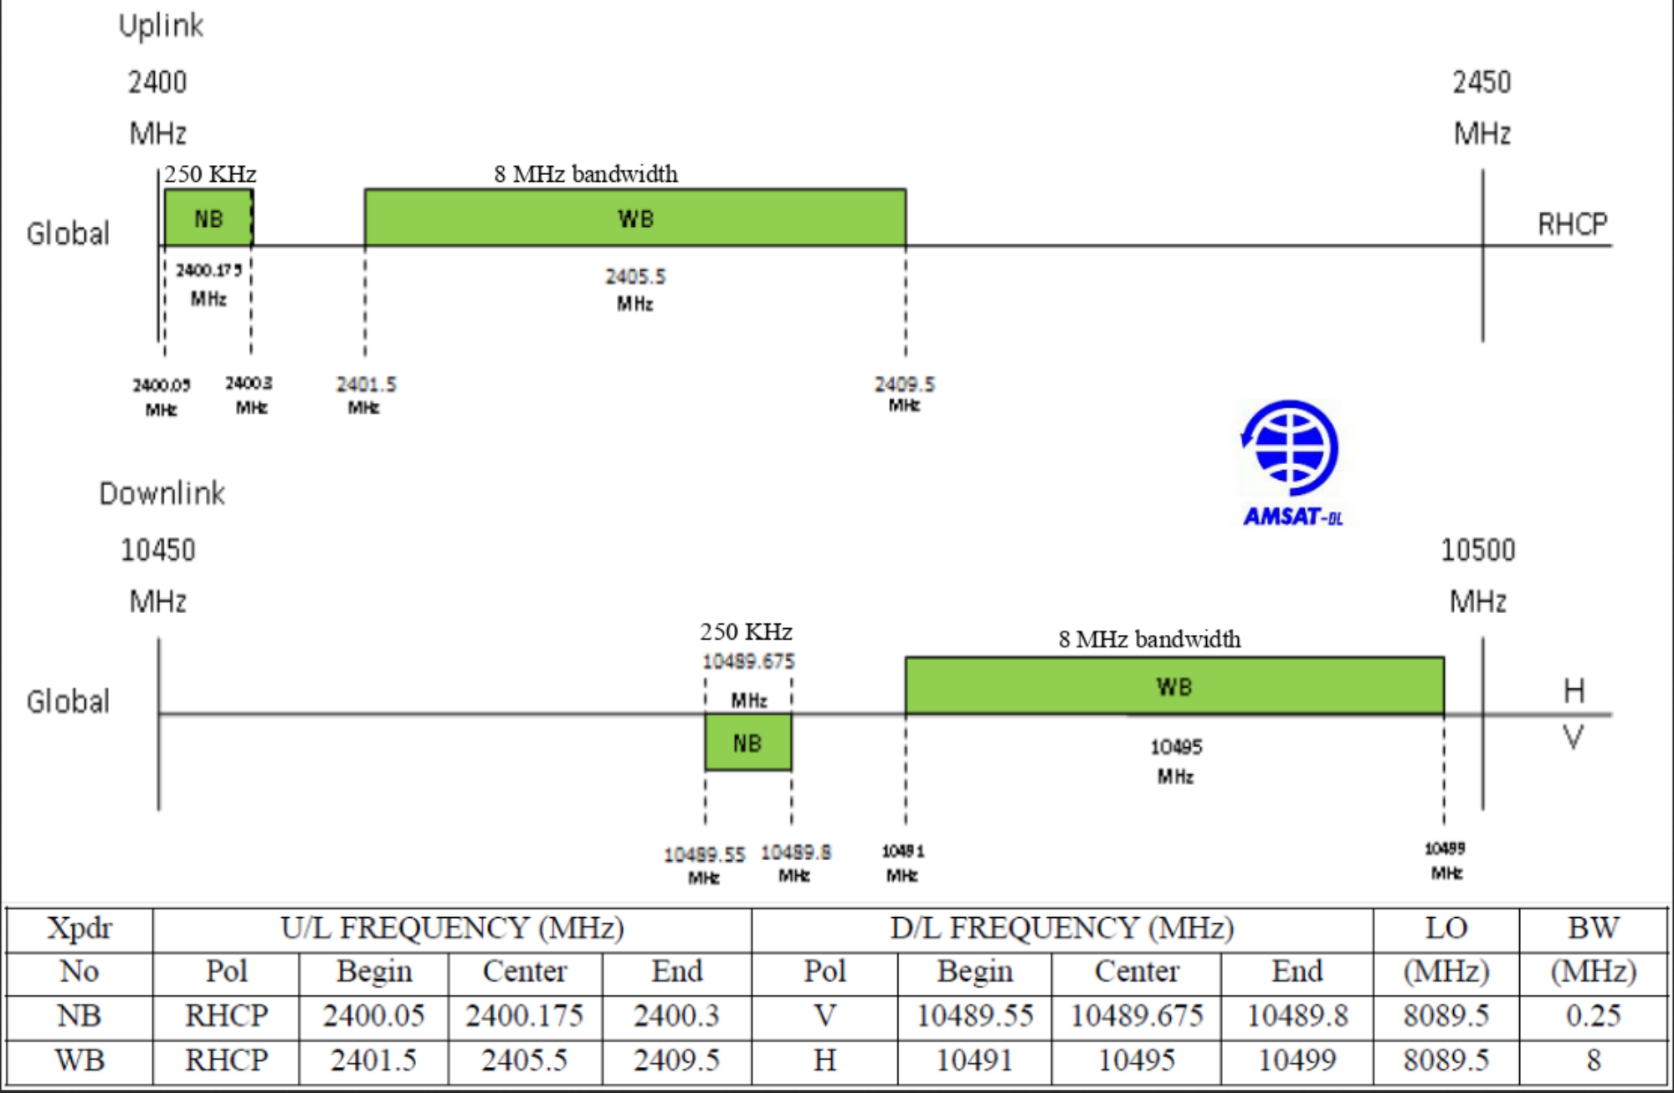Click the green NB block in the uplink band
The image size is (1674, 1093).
click(x=208, y=218)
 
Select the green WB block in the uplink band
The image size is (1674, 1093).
click(x=634, y=218)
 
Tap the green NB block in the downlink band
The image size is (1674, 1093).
click(x=747, y=742)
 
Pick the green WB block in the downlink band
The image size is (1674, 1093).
click(x=1173, y=686)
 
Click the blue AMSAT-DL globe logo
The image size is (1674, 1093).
click(x=1291, y=449)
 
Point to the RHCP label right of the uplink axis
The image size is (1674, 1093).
click(x=1572, y=224)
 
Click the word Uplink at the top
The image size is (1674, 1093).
click(x=161, y=25)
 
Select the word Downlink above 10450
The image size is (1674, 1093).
click(x=162, y=493)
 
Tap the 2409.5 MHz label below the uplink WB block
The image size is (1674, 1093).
click(x=904, y=393)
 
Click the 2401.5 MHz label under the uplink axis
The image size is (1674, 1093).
click(x=366, y=394)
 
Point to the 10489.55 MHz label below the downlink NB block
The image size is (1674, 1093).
click(x=704, y=864)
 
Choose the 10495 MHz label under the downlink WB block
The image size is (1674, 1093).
click(x=1175, y=760)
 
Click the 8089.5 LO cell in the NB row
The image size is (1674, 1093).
click(x=1445, y=1016)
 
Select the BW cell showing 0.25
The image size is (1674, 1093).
click(x=1593, y=1016)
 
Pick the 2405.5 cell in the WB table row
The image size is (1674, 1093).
click(x=524, y=1060)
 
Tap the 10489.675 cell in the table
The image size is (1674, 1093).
click(x=1136, y=1016)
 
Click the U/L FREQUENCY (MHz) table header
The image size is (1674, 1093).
click(x=452, y=928)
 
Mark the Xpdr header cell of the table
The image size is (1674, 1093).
click(x=80, y=928)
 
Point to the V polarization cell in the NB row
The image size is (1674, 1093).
click(x=824, y=1016)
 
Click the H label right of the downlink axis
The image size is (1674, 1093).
click(x=1574, y=691)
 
